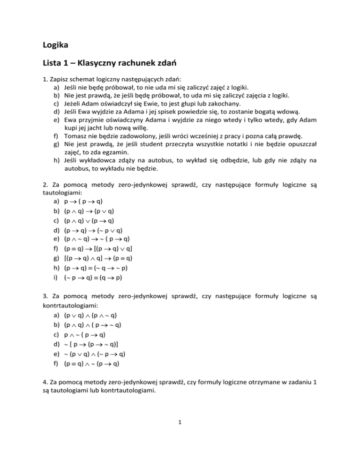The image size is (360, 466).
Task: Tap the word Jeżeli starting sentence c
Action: coord(74,105)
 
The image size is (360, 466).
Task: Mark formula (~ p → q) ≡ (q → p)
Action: coord(97,283)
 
